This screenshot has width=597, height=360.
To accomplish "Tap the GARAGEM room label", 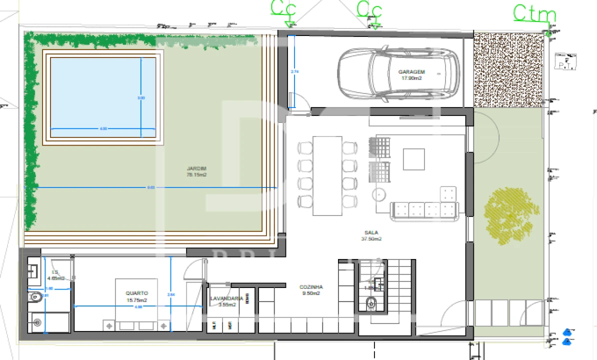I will [411, 74].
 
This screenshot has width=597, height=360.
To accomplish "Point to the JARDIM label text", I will [196, 171].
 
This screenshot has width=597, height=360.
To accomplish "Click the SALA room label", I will [371, 235].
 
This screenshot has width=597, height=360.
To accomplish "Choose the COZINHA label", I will [311, 290].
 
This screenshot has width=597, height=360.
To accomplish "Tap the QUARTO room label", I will [136, 296].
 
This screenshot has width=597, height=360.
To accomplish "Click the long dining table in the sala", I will [327, 175].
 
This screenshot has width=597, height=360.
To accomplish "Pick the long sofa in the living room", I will [424, 210].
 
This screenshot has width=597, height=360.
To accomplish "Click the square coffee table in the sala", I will [413, 159].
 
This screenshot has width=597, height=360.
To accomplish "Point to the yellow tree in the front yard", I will [510, 215].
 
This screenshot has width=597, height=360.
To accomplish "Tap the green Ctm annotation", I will [534, 13].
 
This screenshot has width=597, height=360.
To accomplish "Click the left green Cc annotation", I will [283, 8].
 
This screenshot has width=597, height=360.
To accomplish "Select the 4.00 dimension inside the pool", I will [103, 129].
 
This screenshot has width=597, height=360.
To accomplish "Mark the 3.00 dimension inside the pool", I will [141, 98].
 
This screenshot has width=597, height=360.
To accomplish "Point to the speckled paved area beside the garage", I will [507, 69].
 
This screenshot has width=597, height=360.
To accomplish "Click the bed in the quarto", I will [136, 305].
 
